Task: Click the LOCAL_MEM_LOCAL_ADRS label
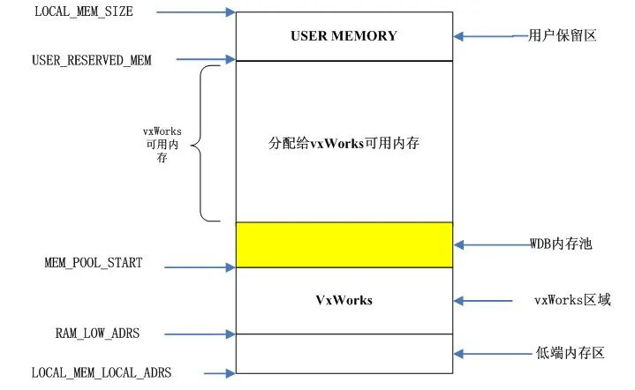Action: click(101, 372)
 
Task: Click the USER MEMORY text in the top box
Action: click(344, 36)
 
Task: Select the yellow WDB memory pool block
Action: click(344, 244)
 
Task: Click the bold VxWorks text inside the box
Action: click(344, 300)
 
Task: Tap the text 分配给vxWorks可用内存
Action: click(343, 141)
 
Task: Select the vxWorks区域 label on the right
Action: click(571, 300)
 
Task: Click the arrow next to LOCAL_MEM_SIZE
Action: click(197, 12)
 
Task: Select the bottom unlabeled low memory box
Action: click(344, 353)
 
